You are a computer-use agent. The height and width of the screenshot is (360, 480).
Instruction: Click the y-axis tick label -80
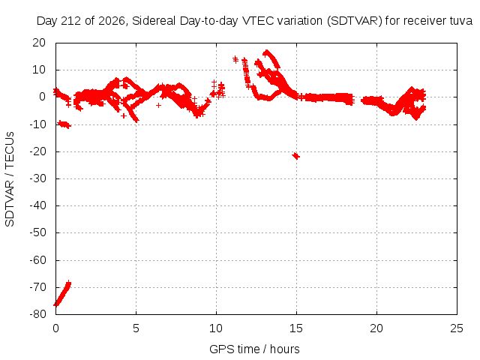pos(37,314)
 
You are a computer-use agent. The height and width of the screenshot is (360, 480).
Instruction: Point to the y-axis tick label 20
pos(39,43)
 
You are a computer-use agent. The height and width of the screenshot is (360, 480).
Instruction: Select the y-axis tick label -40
pos(37,205)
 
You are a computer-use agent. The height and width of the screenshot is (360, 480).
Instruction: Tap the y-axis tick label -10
pos(37,124)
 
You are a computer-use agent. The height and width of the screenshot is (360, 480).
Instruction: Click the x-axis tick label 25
pos(457,328)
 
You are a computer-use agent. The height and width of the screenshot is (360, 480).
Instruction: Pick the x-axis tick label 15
pos(296,328)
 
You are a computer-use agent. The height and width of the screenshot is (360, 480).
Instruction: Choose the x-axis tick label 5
pos(136,328)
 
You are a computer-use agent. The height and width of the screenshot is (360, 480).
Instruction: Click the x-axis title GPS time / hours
pos(254,349)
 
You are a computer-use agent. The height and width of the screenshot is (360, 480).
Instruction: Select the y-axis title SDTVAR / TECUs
pos(10,179)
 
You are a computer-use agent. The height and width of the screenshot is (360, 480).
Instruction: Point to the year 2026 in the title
pos(112,21)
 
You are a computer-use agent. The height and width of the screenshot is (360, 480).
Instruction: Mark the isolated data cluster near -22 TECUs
pos(295,156)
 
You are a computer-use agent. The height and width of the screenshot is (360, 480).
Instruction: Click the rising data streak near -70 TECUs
pos(62,293)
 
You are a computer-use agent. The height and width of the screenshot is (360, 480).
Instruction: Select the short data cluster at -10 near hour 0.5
pos(64,124)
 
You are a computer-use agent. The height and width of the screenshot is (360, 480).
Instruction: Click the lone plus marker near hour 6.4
pos(158,105)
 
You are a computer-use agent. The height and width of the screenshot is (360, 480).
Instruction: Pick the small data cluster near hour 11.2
pos(235,59)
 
